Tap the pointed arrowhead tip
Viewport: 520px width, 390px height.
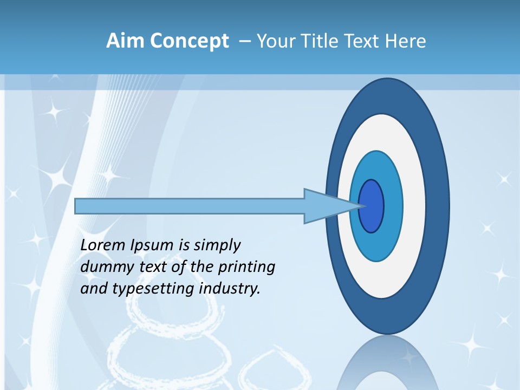[360, 206]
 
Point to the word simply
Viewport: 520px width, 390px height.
[217, 246]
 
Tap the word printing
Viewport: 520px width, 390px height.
[246, 268]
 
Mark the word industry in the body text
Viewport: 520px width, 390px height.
[230, 289]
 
